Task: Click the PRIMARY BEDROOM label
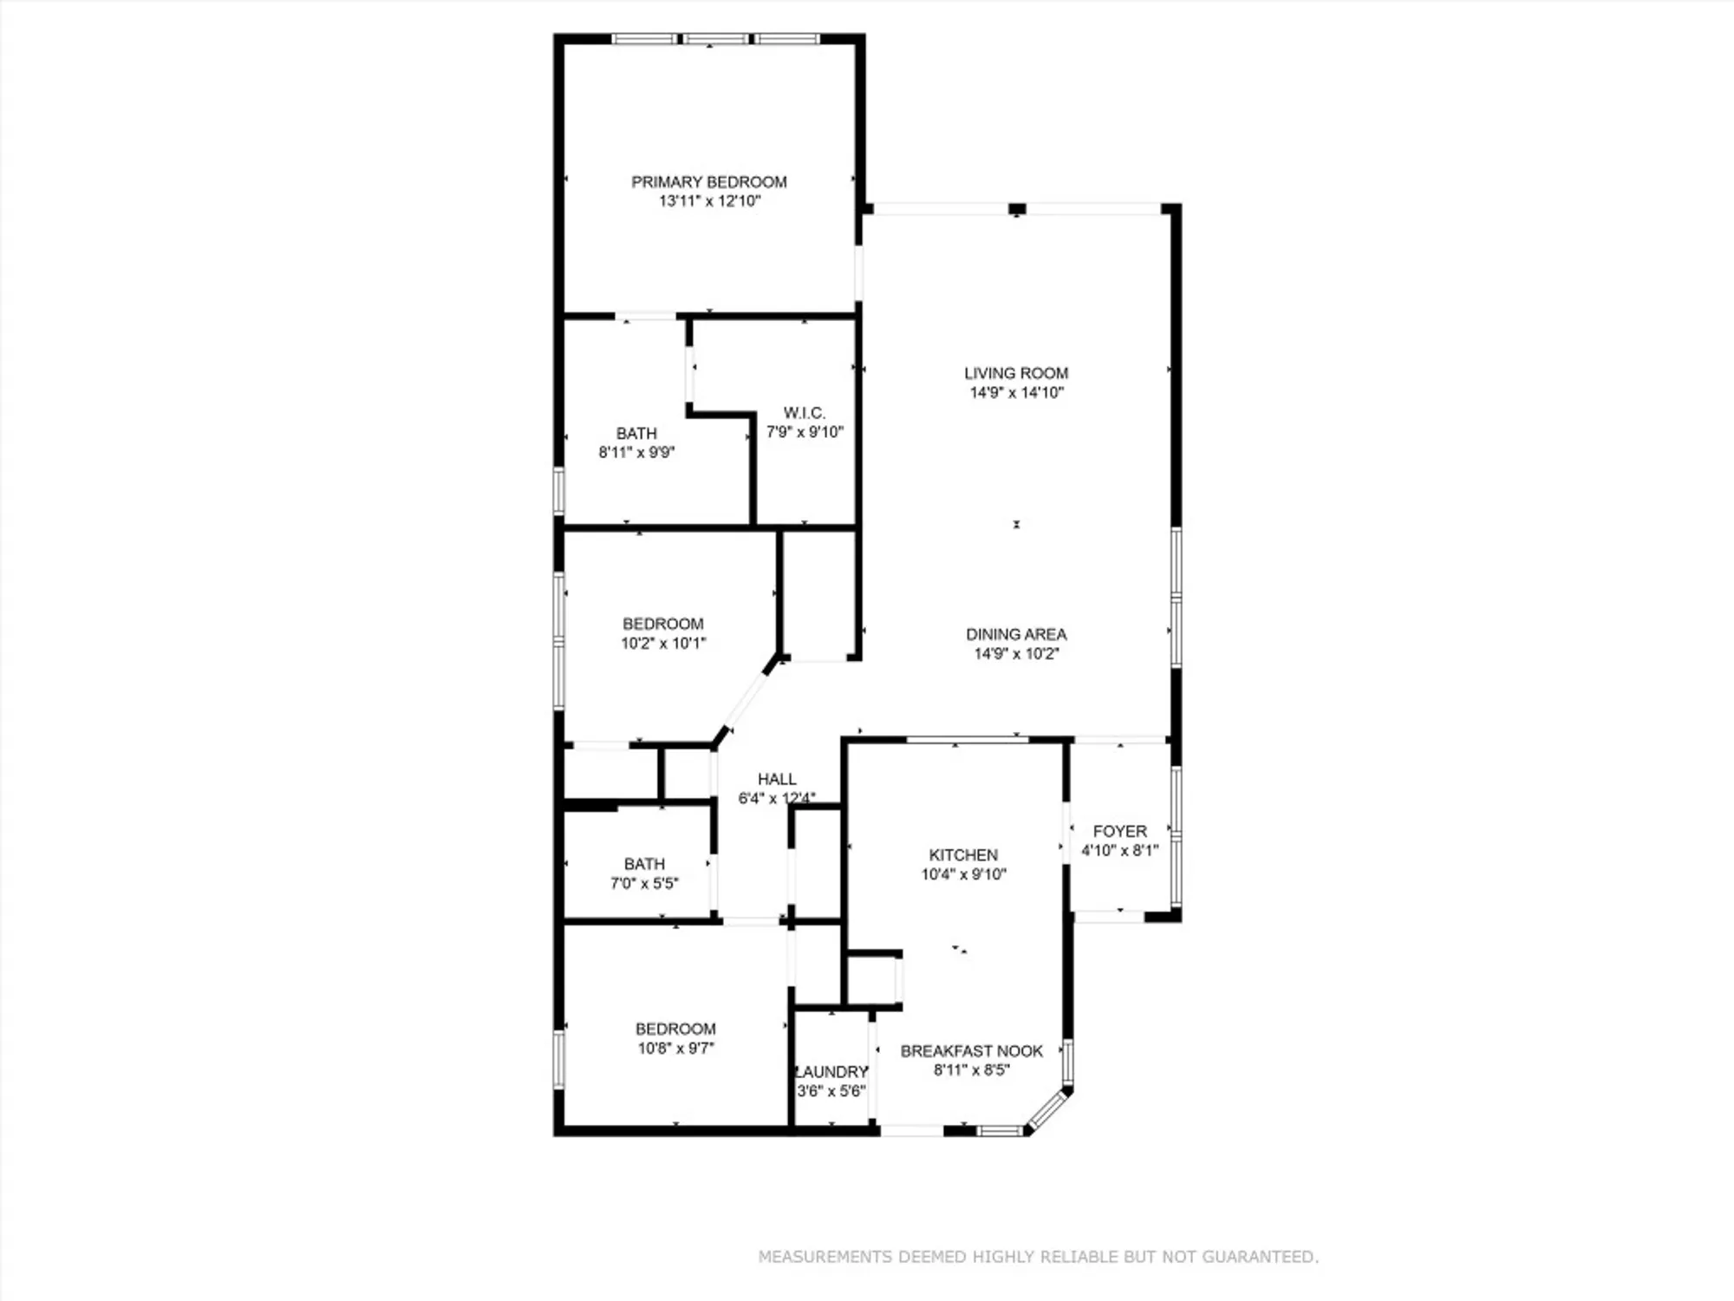coord(708,182)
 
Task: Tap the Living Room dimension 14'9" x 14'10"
coord(1016,393)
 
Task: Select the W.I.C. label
coord(804,413)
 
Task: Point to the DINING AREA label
coord(1016,635)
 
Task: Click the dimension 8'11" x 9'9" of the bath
coord(636,453)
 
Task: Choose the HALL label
coord(776,780)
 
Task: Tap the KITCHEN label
coord(963,855)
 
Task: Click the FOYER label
coord(1119,832)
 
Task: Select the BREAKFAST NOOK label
coord(971,1051)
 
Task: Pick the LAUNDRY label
coord(831,1072)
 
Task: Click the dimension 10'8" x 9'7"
coord(675,1049)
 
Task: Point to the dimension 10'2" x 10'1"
coord(663,644)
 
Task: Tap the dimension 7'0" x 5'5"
coord(644,884)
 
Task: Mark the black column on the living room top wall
coord(1017,209)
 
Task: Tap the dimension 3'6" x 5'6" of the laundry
coord(831,1091)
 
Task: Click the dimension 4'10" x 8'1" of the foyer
coord(1119,851)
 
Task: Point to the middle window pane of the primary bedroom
coord(714,39)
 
